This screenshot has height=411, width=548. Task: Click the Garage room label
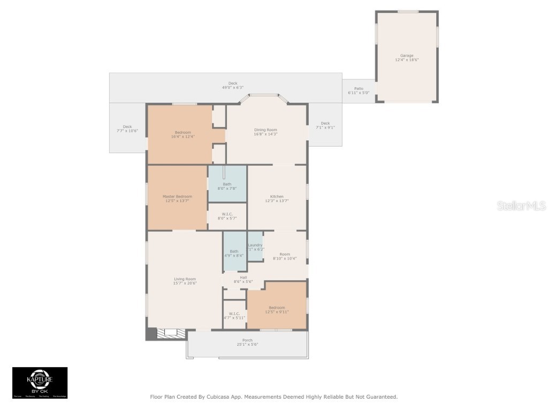pos(407,56)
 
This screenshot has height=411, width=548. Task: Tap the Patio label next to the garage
pos(359,88)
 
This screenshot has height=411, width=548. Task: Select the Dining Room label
pos(265,130)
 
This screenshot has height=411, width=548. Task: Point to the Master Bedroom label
pos(177,196)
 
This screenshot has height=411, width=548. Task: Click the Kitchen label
pos(277,196)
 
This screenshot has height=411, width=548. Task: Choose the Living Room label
pos(185,279)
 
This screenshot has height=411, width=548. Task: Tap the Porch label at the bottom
pos(247,340)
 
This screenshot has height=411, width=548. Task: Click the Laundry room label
pos(255,245)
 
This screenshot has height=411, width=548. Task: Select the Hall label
pos(243,277)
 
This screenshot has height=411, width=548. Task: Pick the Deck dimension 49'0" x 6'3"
pos(233,88)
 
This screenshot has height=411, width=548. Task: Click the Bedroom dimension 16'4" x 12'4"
pos(182,136)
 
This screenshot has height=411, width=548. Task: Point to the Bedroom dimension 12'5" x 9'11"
pos(277,311)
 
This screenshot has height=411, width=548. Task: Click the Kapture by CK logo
pos(40,383)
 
